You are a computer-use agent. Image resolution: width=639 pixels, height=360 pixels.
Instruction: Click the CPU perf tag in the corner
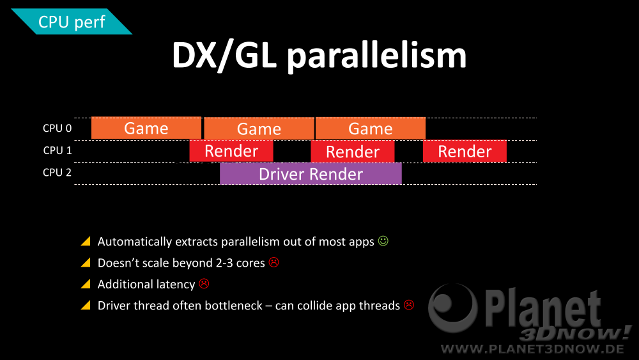click(72, 22)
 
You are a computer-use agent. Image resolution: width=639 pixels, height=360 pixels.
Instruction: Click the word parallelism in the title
click(376, 57)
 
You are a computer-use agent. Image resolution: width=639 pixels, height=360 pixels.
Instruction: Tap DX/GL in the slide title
click(224, 56)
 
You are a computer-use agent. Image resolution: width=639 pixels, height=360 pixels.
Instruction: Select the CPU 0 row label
click(57, 129)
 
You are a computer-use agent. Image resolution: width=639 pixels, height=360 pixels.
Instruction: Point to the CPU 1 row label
click(57, 150)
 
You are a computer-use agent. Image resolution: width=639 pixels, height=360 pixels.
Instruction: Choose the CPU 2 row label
click(57, 173)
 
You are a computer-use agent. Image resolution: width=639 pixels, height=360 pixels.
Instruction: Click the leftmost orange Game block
click(146, 129)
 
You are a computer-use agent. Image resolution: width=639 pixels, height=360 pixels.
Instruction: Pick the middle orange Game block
click(259, 129)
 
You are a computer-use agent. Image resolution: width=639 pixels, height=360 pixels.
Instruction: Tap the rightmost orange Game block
click(371, 129)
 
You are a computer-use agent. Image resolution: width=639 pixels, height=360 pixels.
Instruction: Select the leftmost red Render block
click(231, 151)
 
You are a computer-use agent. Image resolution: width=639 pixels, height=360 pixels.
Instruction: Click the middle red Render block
click(353, 152)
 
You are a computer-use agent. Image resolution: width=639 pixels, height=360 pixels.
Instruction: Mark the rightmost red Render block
click(465, 152)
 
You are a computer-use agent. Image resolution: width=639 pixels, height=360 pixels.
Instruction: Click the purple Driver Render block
click(311, 174)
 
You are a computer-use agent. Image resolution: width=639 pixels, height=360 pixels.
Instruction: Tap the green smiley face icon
click(383, 241)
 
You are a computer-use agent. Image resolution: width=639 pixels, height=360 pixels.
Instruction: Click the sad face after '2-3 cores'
click(274, 262)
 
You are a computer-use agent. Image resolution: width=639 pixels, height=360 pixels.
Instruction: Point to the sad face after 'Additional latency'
click(204, 283)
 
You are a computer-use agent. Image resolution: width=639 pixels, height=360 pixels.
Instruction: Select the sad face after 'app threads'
click(409, 304)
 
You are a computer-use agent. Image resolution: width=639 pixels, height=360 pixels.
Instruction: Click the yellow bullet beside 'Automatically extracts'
click(86, 241)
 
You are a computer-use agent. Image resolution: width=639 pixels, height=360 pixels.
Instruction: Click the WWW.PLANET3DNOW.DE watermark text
click(533, 349)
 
